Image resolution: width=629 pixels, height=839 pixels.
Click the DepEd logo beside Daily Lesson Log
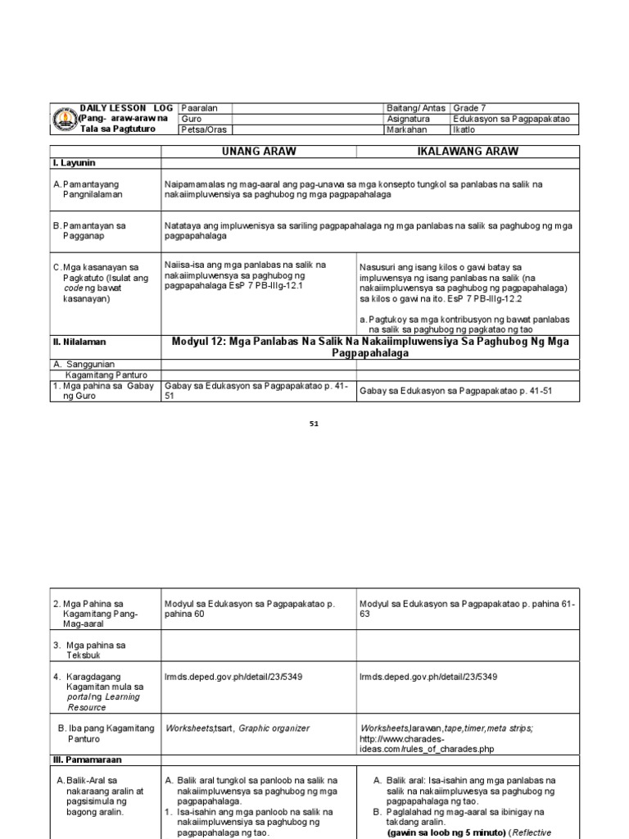[x=65, y=120]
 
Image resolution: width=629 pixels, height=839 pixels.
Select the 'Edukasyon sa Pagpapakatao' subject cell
[x=510, y=119]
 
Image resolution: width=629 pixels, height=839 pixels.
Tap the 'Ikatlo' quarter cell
[x=464, y=129]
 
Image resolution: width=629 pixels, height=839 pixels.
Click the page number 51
[x=314, y=424]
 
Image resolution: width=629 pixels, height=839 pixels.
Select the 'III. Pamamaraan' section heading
[x=88, y=760]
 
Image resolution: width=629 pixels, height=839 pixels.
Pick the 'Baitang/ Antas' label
[x=416, y=108]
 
